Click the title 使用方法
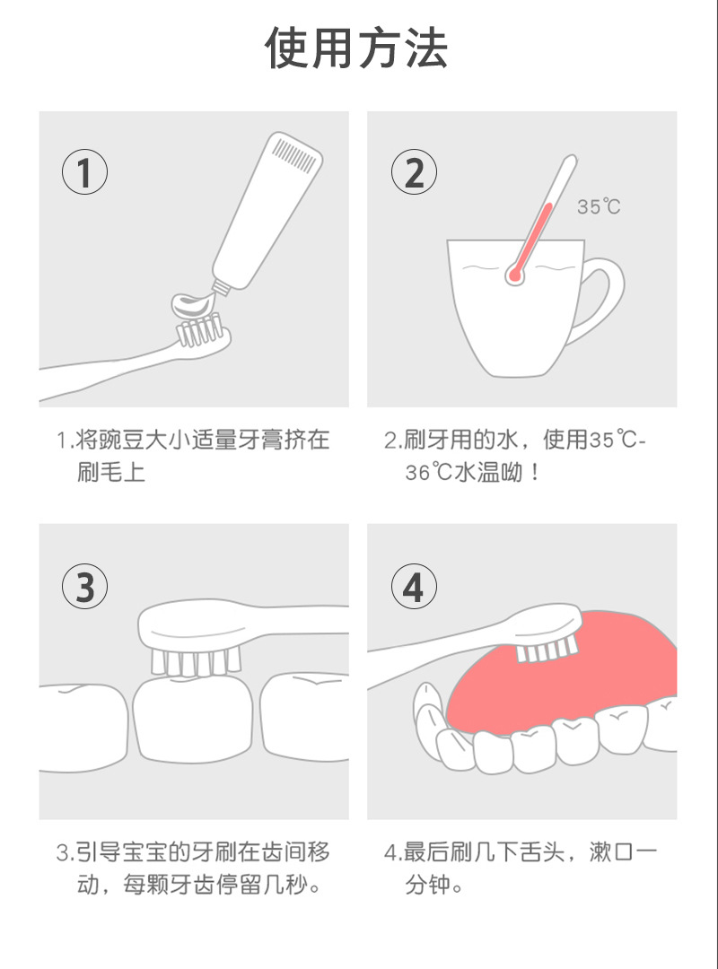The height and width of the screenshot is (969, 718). (x=356, y=48)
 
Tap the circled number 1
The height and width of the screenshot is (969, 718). (x=84, y=172)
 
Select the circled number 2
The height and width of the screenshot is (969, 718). (x=414, y=172)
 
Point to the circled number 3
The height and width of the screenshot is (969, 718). (x=84, y=587)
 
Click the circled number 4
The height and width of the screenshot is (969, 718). (x=414, y=587)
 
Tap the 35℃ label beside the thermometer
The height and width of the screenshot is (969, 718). (x=599, y=206)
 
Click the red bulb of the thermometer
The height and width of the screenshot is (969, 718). (x=514, y=274)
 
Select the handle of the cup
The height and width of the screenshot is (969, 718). (x=600, y=301)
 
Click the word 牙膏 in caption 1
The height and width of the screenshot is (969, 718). (x=261, y=440)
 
